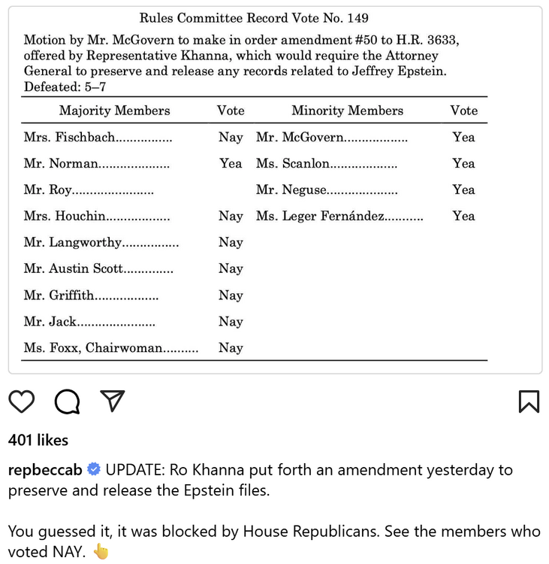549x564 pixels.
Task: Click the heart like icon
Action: point(22,402)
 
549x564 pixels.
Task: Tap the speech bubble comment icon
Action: point(67,402)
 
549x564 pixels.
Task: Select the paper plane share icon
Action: point(112,402)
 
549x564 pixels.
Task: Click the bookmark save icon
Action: point(529,402)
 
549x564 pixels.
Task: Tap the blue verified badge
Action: point(94,470)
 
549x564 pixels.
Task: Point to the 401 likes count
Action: point(38,440)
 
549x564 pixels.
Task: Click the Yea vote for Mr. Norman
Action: point(231,163)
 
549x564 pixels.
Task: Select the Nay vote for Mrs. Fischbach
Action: point(231,137)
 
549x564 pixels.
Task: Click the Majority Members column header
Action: point(115,111)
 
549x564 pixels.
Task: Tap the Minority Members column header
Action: point(347,111)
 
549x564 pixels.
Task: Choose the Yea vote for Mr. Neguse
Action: point(463,190)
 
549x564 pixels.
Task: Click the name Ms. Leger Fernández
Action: point(321,216)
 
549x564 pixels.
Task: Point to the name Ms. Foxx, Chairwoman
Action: point(93,347)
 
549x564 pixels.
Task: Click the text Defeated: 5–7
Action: point(65,86)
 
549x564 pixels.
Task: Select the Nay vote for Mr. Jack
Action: point(231,321)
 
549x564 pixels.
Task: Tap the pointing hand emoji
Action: point(101,551)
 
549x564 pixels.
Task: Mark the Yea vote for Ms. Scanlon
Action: point(463,163)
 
